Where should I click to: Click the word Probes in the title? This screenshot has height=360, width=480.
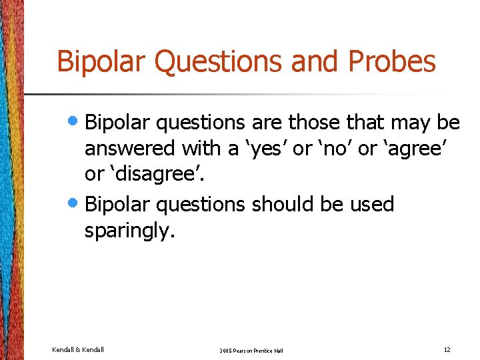click(391, 61)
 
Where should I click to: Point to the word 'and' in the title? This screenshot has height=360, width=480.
click(317, 61)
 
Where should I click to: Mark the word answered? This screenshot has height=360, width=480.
click(129, 148)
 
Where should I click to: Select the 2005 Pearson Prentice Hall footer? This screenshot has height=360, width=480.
click(251, 351)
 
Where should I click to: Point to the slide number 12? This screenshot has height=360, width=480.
click(446, 350)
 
